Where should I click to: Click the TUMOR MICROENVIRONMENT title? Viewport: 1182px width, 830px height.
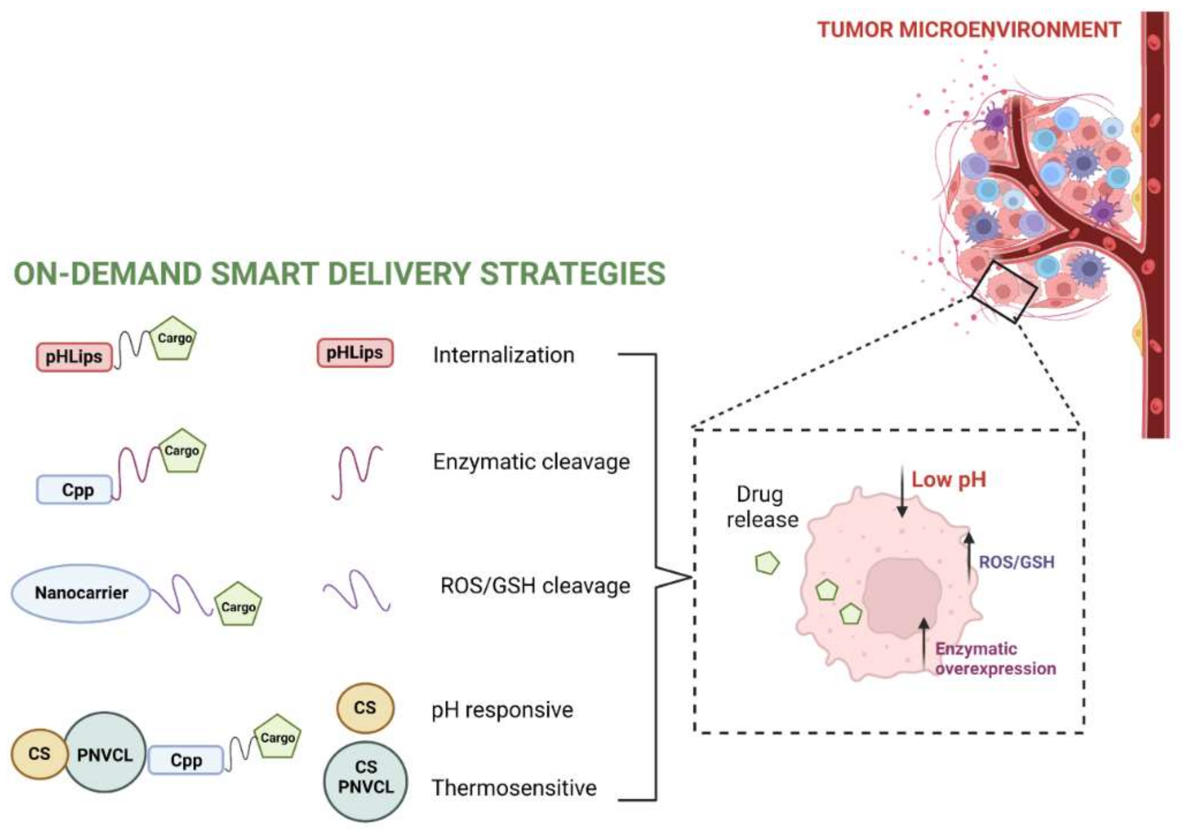[969, 30]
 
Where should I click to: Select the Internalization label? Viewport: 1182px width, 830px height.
[503, 355]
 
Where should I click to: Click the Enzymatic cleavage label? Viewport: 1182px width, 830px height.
[531, 462]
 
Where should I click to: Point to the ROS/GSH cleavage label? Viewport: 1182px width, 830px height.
[535, 586]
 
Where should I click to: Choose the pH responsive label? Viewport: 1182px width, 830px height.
[502, 711]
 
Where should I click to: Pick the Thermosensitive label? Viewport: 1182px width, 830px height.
[514, 788]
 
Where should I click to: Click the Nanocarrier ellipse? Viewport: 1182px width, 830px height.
[81, 593]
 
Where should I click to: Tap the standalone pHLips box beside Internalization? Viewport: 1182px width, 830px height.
[355, 353]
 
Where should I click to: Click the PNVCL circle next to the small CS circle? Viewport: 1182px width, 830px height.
[105, 755]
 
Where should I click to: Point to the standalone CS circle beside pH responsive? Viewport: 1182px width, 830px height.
[365, 708]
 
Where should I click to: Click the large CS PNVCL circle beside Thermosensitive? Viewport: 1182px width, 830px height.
[365, 781]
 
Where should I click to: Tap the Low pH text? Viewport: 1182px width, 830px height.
[949, 480]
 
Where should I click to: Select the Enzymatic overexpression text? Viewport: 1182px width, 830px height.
[995, 659]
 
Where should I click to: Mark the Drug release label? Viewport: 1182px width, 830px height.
[762, 507]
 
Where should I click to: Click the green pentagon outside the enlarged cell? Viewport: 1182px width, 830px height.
[767, 563]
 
